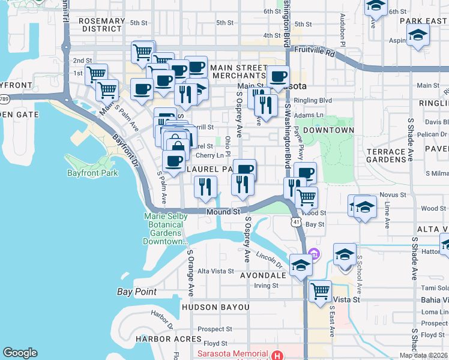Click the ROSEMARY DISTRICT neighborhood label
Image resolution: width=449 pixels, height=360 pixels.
click(101, 25)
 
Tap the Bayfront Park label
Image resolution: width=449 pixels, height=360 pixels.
click(92, 173)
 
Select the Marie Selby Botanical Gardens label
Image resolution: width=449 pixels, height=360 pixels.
click(165, 229)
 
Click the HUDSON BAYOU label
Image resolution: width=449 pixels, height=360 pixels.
click(214, 307)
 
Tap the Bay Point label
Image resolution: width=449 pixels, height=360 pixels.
click(136, 292)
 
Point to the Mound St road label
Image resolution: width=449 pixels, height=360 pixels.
click(223, 212)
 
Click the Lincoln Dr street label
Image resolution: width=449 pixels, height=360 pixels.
click(270, 260)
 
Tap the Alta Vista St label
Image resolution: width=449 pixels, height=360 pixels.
click(215, 271)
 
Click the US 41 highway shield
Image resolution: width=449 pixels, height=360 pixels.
click(296, 222)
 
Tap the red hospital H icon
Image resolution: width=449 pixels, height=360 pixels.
click(276, 355)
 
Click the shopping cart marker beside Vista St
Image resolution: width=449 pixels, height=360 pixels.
click(321, 292)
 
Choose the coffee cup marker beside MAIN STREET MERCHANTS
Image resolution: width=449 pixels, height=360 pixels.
click(277, 76)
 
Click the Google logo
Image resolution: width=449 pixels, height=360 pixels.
click(20, 353)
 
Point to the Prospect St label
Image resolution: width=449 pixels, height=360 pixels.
click(214, 329)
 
